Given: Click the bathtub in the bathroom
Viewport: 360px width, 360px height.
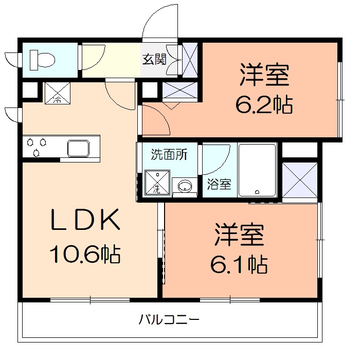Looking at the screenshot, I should point(258,170).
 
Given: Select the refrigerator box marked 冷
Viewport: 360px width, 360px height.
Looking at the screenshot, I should point(57,93).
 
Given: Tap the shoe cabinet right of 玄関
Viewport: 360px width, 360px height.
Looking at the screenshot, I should point(189,60).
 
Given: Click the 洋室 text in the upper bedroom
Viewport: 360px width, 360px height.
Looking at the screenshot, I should point(264,76).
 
